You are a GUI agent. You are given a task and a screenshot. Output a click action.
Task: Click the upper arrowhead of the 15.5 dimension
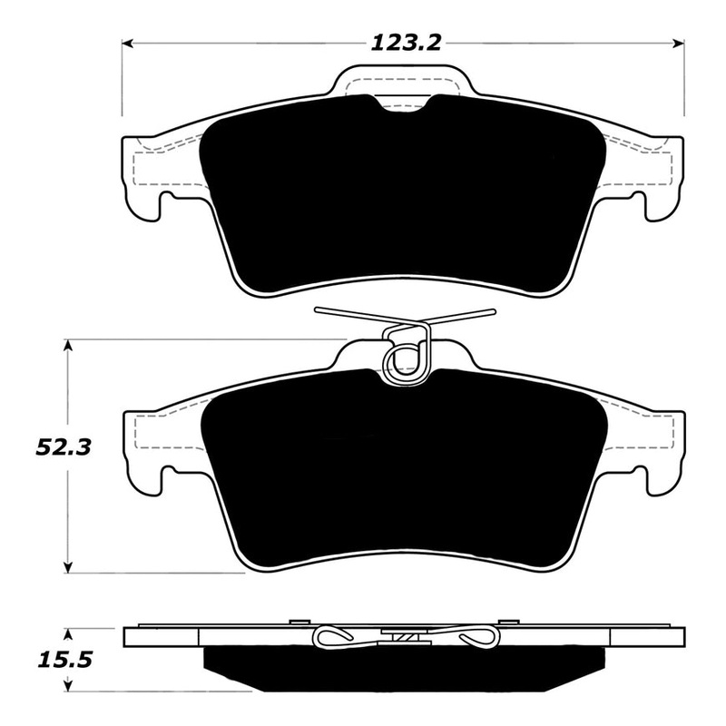[69, 630]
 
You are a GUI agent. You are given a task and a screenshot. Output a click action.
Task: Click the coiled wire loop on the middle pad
[403, 358]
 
